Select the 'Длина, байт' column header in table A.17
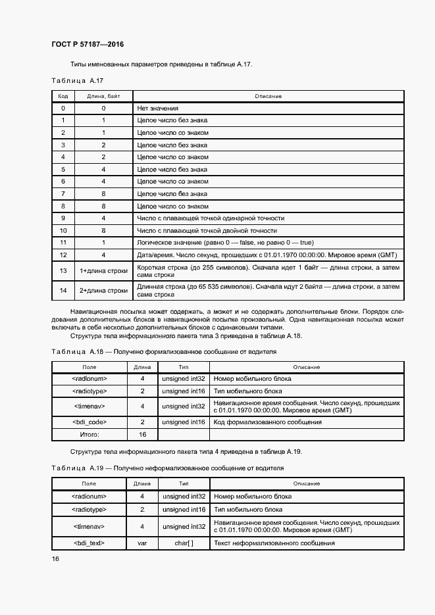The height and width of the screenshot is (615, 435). click(x=103, y=96)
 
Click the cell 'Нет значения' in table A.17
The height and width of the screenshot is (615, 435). click(x=157, y=108)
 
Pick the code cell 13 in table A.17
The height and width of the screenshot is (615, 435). click(x=63, y=271)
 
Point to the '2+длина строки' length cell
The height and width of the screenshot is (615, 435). click(x=103, y=290)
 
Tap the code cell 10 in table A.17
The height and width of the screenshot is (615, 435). click(x=63, y=231)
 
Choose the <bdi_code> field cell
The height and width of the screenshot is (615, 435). click(x=90, y=422)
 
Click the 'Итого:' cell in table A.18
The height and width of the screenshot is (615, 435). click(x=90, y=435)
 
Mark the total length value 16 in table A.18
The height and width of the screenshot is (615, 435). click(x=142, y=435)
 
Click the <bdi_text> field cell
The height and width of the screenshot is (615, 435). click(x=89, y=543)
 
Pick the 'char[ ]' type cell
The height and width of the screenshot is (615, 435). click(x=184, y=543)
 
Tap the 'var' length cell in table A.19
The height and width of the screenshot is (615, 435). click(x=142, y=543)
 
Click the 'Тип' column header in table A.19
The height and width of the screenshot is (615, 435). click(x=184, y=483)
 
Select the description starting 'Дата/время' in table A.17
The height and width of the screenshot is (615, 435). click(x=267, y=255)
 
